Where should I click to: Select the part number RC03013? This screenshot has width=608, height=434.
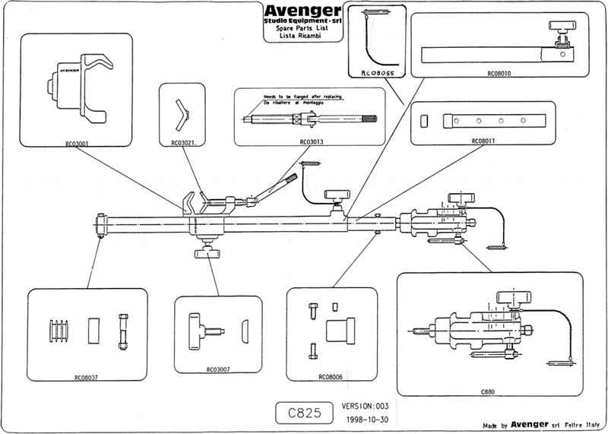tap(312, 141)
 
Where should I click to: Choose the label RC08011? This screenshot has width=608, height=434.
tap(483, 141)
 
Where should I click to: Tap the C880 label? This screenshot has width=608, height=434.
tap(489, 391)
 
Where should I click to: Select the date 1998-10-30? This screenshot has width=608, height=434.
tap(369, 420)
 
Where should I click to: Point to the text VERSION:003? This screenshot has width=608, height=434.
tap(369, 406)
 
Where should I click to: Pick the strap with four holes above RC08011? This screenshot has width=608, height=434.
tap(496, 121)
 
